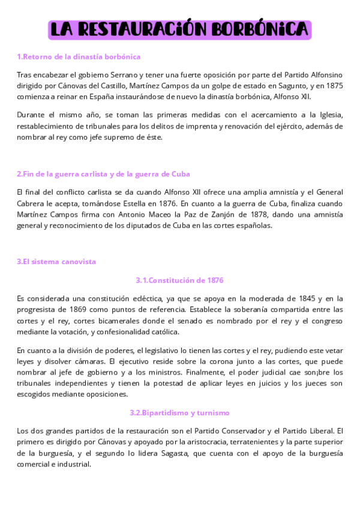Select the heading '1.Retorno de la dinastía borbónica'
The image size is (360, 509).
tap(79, 57)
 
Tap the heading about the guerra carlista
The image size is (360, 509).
tap(103, 174)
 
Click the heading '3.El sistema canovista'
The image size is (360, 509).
tap(56, 262)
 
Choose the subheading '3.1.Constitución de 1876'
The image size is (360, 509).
tap(180, 280)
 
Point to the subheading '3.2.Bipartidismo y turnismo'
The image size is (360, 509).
tap(180, 413)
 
